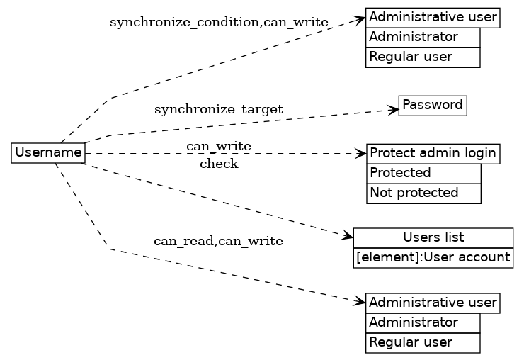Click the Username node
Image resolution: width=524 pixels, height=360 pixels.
point(48,152)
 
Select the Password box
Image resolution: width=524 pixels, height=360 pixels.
point(433,106)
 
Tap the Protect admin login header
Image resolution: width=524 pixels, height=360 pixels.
point(433,153)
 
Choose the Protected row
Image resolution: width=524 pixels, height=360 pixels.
point(423,173)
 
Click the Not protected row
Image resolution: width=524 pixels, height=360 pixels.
point(423,193)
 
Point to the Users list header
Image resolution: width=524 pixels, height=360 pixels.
point(433,237)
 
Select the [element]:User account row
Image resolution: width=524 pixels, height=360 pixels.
point(433,257)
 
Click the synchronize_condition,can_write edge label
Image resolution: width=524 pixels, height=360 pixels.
point(219,23)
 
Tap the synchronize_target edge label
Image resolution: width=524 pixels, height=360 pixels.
point(218,110)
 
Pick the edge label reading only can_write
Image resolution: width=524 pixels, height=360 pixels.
point(218,147)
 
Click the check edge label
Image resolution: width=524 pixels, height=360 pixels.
point(219,164)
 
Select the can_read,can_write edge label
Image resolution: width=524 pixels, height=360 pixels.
point(218,242)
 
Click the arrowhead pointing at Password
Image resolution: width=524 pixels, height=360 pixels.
point(394,109)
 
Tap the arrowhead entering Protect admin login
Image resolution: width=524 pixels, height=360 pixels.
point(361,153)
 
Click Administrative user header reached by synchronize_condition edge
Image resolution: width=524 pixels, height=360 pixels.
point(433,17)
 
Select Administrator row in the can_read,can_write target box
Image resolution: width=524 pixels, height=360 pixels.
point(423,323)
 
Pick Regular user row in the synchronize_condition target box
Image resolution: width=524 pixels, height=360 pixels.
point(423,57)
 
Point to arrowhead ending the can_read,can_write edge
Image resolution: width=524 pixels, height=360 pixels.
point(360,302)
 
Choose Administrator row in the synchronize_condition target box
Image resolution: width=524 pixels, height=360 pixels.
point(423,37)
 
